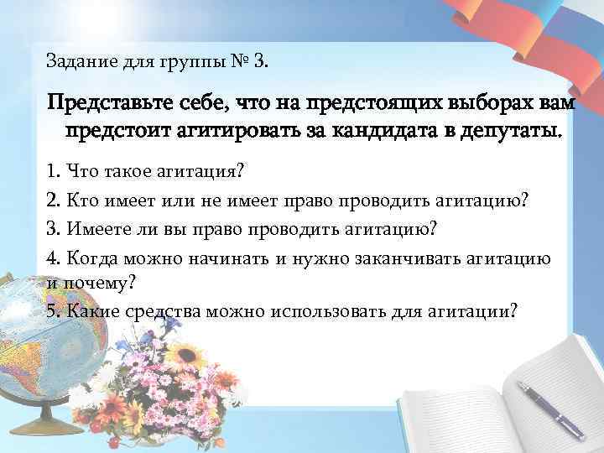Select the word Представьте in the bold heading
tap(99, 106)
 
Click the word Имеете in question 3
tap(96, 228)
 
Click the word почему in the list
tap(96, 283)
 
